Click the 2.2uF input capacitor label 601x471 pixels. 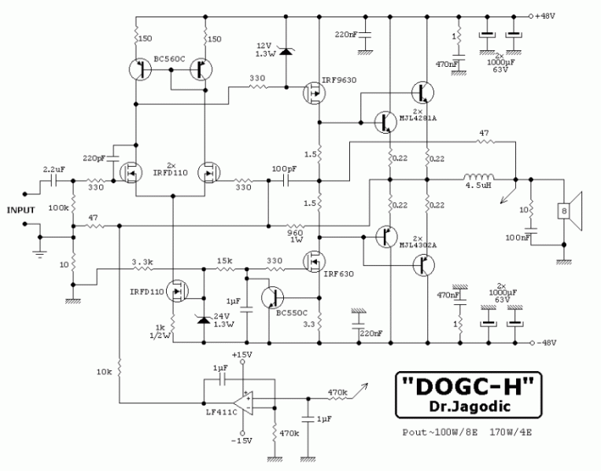(x=54, y=168)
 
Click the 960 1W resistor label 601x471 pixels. (x=296, y=236)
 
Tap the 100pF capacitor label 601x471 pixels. (x=285, y=169)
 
